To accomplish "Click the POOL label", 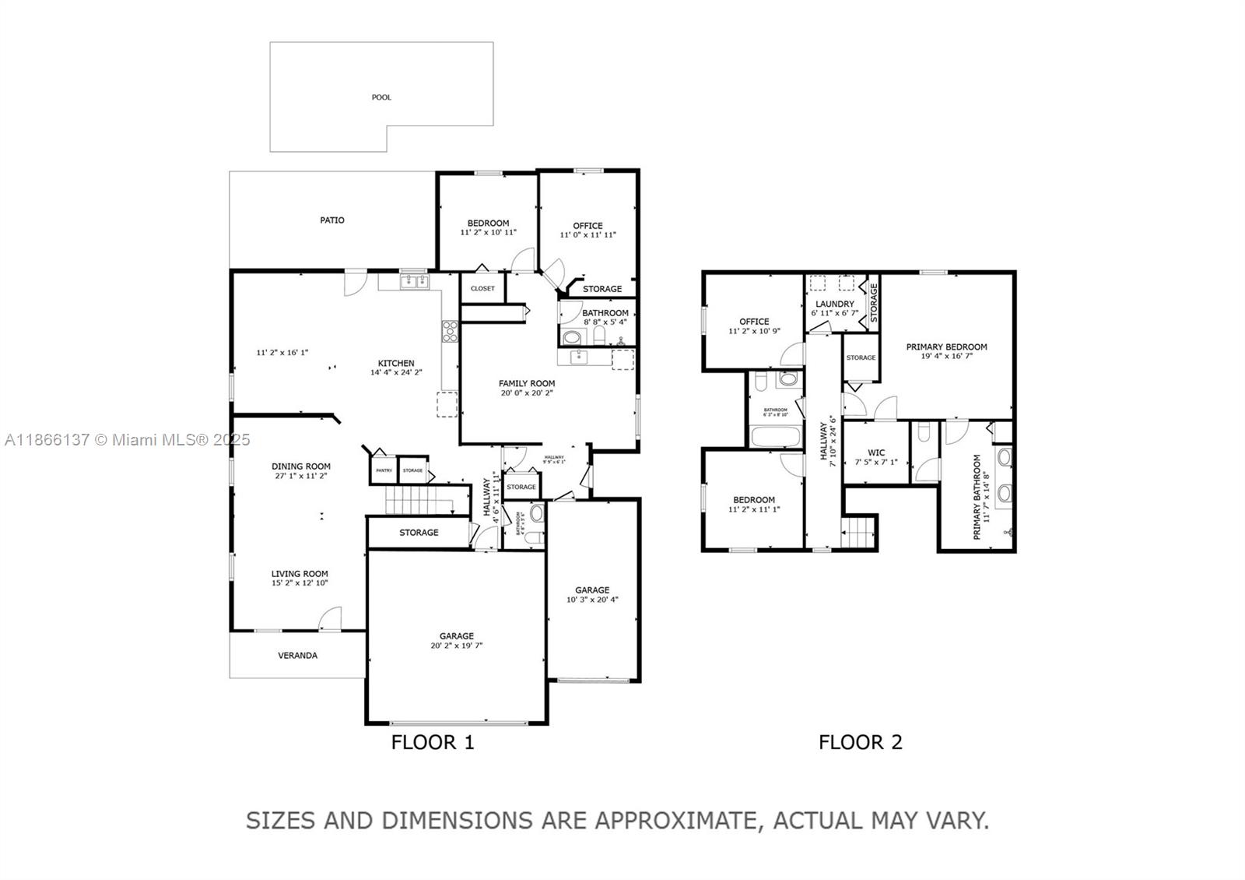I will (381, 97).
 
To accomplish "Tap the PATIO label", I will (332, 220).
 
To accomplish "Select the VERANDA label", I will (298, 656).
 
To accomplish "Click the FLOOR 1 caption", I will (433, 742).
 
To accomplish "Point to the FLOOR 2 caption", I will (860, 742).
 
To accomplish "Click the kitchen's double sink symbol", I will (415, 281).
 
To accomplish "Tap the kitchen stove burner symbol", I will (450, 332).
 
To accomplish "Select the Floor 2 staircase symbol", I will (859, 535).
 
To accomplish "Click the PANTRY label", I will (384, 470).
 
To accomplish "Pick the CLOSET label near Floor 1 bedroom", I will (482, 289).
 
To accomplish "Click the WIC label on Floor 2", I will (876, 452).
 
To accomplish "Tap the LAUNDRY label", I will (835, 304).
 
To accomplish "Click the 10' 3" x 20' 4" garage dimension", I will (592, 600).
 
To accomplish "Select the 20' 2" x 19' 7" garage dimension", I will (456, 646).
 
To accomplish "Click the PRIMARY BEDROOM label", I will (946, 347).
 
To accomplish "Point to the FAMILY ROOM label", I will (527, 383).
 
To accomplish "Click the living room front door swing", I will (330, 620).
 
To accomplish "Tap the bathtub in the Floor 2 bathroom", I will (775, 435).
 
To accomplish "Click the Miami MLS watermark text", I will (128, 440).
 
